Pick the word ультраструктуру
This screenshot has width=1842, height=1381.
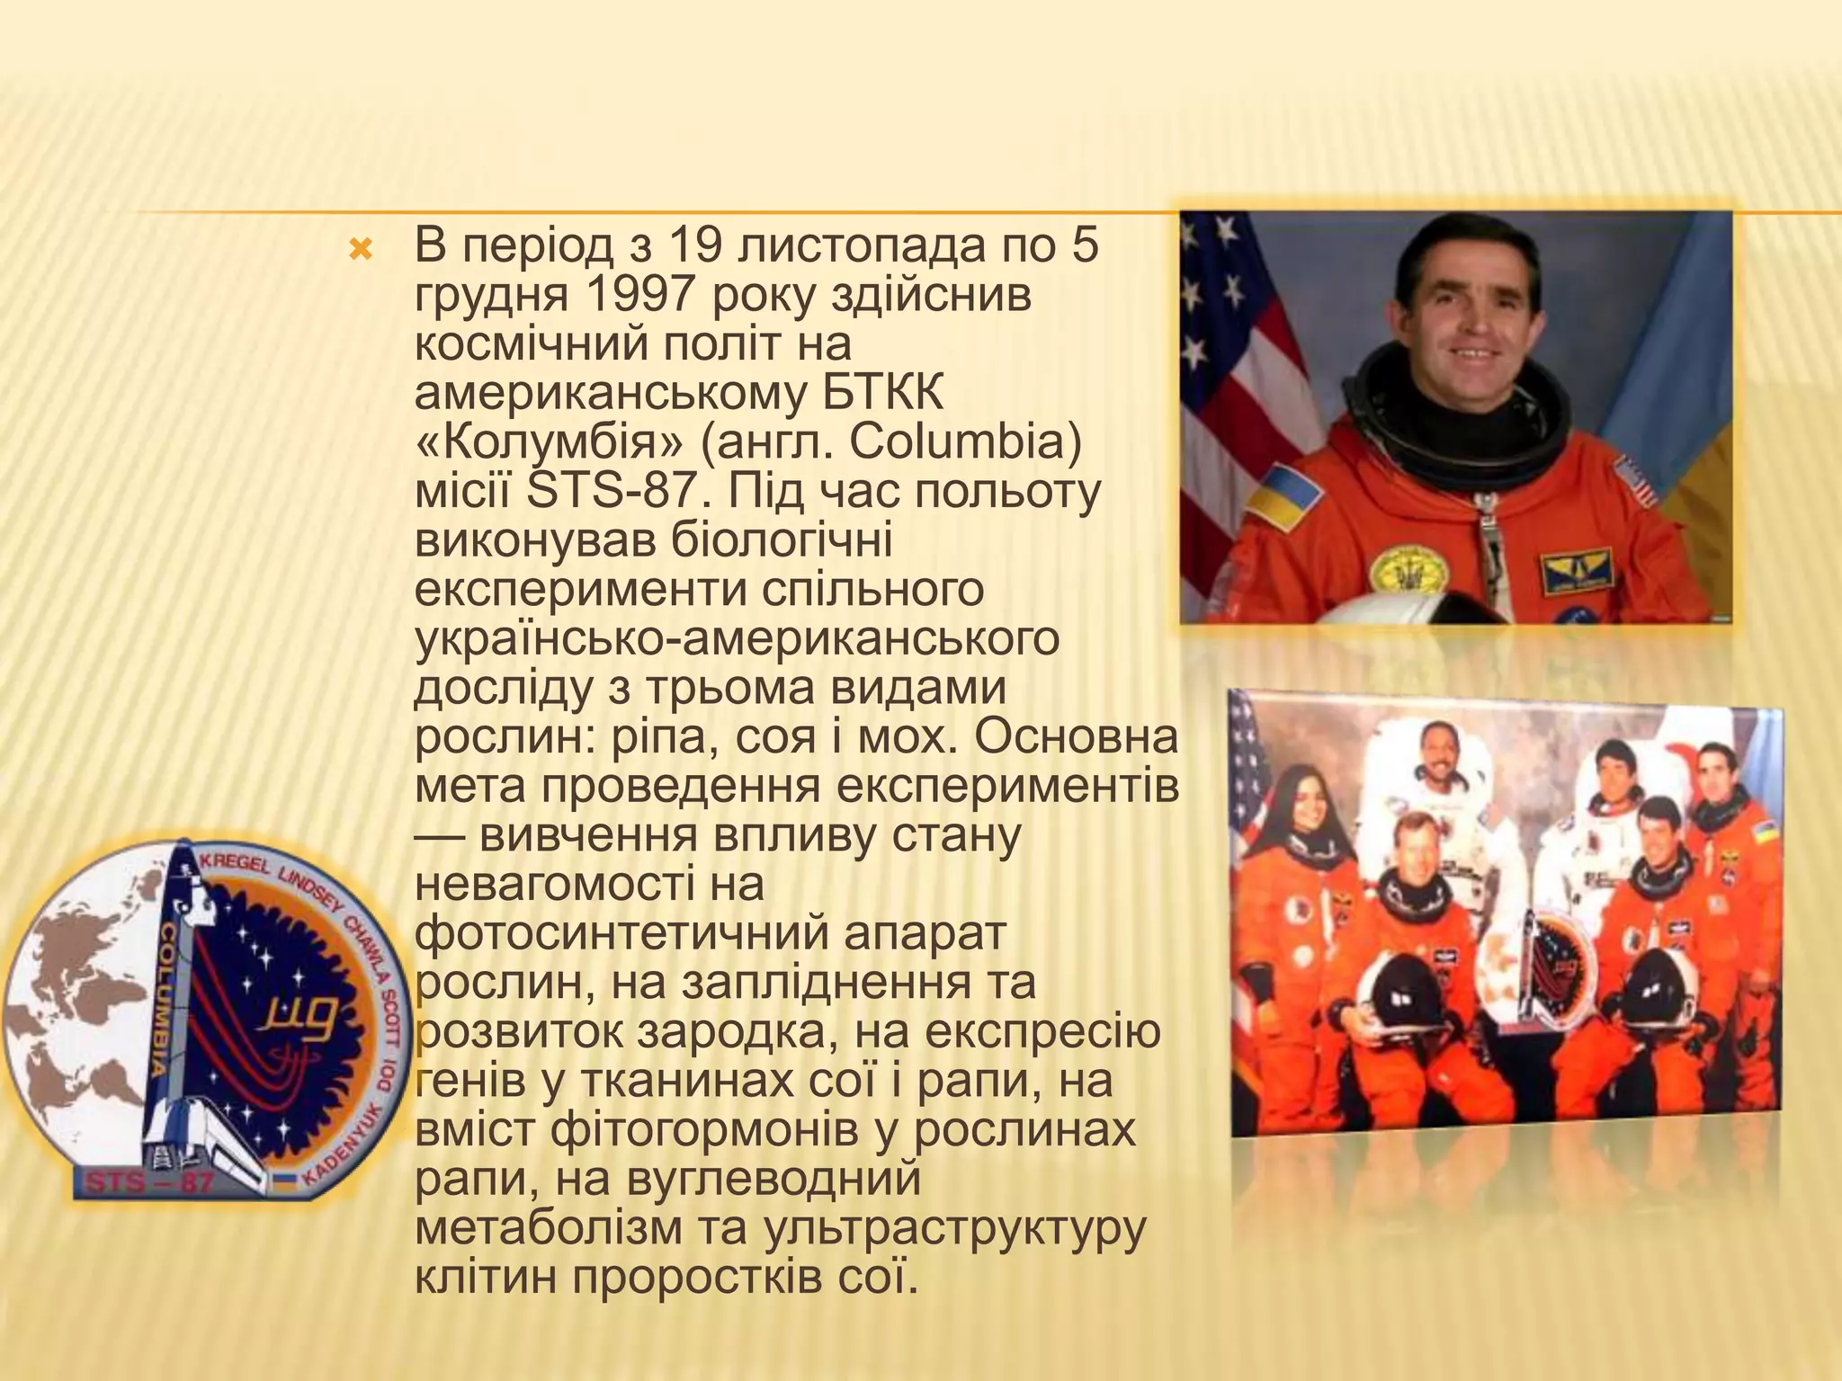pyautogui.click(x=954, y=1227)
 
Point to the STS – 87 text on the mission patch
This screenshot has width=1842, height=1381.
pyautogui.click(x=149, y=1181)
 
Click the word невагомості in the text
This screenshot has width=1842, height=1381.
pyautogui.click(x=588, y=883)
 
